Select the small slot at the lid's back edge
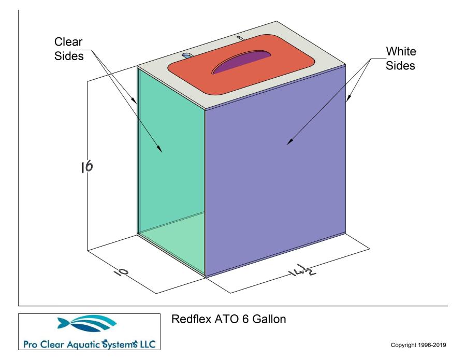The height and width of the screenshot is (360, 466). pyautogui.click(x=239, y=38)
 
